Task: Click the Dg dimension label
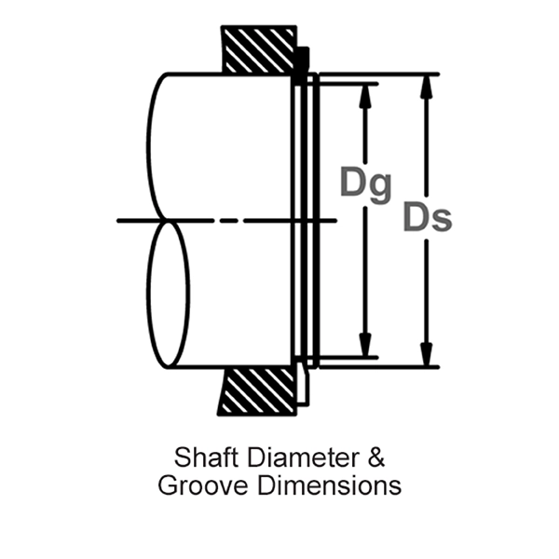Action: (x=365, y=183)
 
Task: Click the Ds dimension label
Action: (x=428, y=217)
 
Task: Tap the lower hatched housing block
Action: (x=257, y=390)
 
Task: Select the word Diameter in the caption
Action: (x=294, y=458)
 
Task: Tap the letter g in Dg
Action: (x=379, y=186)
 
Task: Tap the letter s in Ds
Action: (x=443, y=221)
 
